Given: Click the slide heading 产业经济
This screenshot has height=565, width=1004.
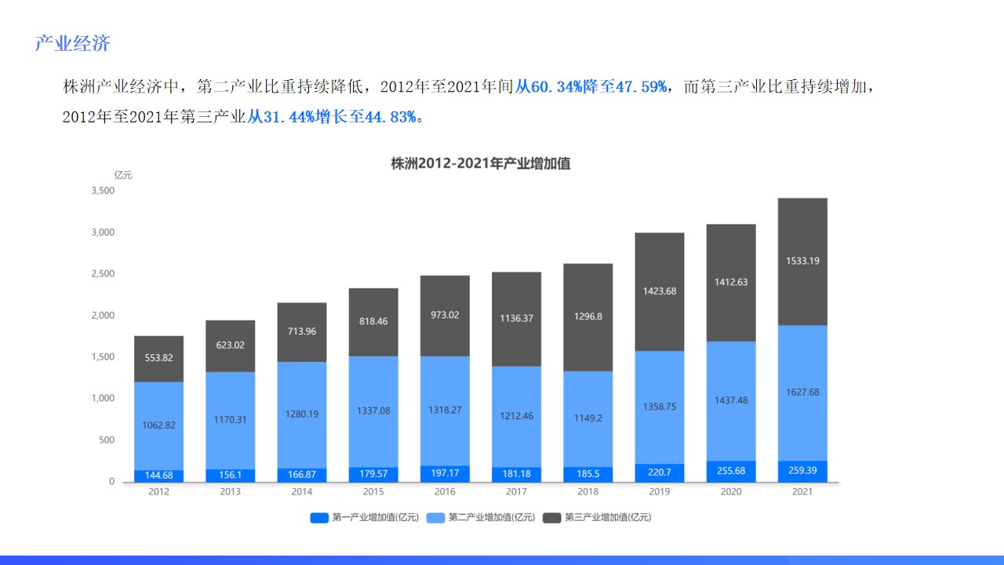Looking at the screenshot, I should tap(72, 43).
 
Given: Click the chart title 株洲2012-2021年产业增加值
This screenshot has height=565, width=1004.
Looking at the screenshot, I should tap(480, 163).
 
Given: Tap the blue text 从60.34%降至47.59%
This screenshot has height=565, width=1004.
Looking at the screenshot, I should tap(592, 86).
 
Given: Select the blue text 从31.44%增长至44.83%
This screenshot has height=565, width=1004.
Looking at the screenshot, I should tap(332, 117).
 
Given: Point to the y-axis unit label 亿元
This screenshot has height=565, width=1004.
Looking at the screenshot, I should tap(123, 175).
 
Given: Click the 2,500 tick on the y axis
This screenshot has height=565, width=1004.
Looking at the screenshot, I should tap(103, 274).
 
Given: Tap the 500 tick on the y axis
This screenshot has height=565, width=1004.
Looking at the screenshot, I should tap(107, 439).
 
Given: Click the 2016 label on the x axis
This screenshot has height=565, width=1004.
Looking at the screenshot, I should tap(445, 492).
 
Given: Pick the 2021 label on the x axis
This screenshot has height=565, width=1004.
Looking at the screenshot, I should tap(802, 492).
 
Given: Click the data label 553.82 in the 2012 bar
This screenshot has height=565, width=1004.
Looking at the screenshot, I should tap(158, 358).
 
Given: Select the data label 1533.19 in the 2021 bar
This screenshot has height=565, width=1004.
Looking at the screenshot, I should tap(802, 261).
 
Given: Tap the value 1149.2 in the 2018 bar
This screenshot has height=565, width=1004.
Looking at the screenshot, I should tap(587, 418).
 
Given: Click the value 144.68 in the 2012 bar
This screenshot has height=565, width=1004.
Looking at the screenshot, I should tap(158, 475).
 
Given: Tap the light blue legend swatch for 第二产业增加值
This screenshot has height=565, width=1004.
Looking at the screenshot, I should tap(436, 517).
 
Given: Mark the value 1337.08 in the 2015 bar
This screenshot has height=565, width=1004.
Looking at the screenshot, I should tap(373, 410).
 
